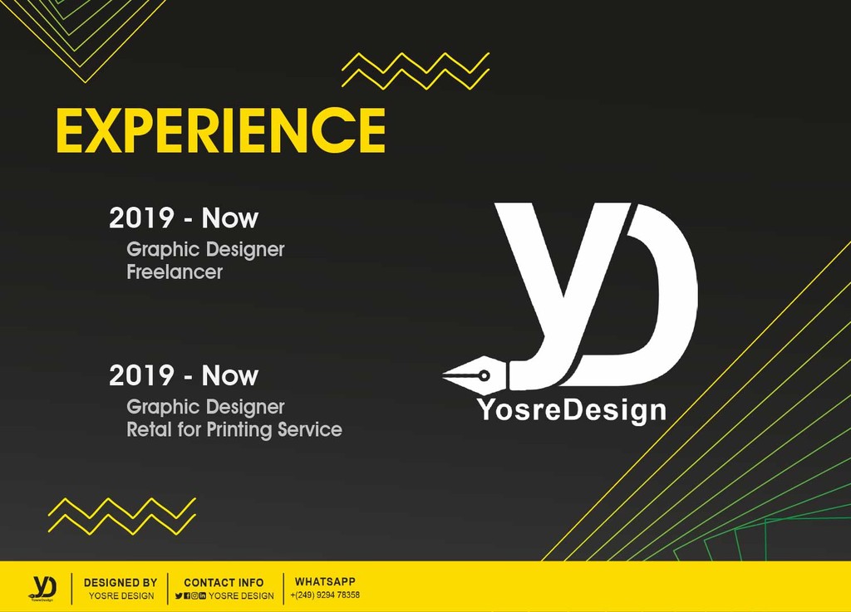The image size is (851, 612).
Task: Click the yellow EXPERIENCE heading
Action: click(220, 130)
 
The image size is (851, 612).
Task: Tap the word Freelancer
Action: click(175, 272)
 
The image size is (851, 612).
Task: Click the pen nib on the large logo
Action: click(475, 375)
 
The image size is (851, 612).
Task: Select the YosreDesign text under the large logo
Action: click(572, 410)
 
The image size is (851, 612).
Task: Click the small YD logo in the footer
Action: click(42, 588)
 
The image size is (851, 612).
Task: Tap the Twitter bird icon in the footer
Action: click(179, 595)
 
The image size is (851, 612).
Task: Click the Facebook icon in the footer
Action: click(187, 595)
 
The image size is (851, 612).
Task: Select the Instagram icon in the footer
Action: click(194, 595)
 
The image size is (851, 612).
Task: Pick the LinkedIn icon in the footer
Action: click(203, 595)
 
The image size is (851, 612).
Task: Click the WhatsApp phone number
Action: click(325, 595)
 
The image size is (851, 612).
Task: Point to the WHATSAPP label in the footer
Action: click(325, 581)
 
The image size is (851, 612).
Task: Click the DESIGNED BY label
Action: click(121, 583)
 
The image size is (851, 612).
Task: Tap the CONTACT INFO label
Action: click(224, 583)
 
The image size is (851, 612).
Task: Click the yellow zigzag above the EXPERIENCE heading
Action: click(416, 71)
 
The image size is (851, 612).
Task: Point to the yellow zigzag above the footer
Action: click(121, 516)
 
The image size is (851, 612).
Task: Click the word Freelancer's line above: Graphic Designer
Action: click(205, 249)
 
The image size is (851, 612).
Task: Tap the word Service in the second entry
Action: click(310, 429)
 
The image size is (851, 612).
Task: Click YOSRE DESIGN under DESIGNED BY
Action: click(121, 595)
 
